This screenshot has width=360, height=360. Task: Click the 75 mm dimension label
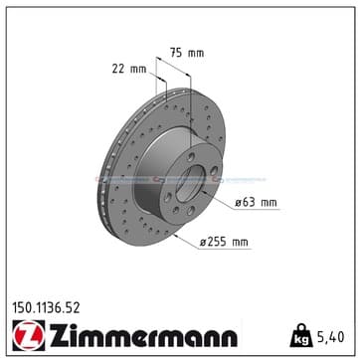(187, 53)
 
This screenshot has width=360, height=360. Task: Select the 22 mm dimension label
(129, 69)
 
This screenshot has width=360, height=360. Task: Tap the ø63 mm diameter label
(256, 202)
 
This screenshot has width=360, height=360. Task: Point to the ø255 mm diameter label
(224, 242)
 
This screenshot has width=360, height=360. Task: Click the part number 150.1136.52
(46, 308)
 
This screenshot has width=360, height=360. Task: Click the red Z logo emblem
(29, 335)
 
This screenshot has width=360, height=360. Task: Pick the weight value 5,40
(330, 337)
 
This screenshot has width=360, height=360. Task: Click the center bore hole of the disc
(190, 184)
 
